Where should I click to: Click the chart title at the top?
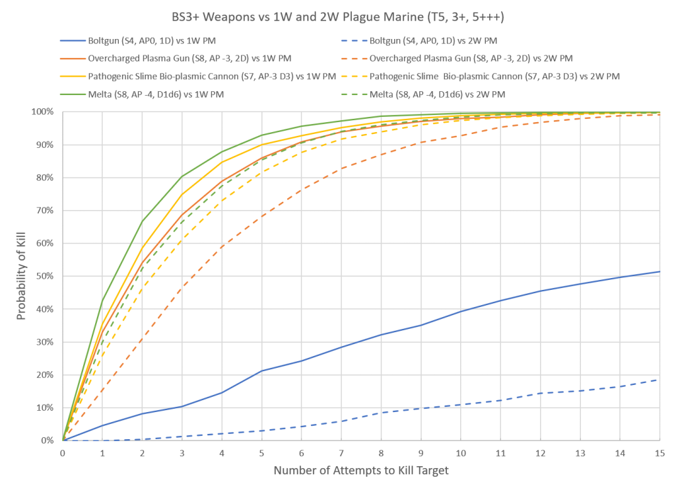[x=338, y=16]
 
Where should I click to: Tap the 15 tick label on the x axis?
[x=659, y=453]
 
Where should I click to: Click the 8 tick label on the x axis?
[x=381, y=453]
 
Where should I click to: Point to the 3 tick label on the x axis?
[x=182, y=453]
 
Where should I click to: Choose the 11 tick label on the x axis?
[x=500, y=453]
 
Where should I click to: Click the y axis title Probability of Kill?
[x=21, y=276]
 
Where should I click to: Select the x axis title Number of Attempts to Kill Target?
[x=361, y=472]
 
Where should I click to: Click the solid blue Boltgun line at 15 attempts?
[x=659, y=271]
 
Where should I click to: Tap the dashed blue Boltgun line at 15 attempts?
[x=659, y=380]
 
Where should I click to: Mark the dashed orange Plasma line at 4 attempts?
[x=222, y=246]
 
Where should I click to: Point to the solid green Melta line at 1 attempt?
[x=102, y=300]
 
